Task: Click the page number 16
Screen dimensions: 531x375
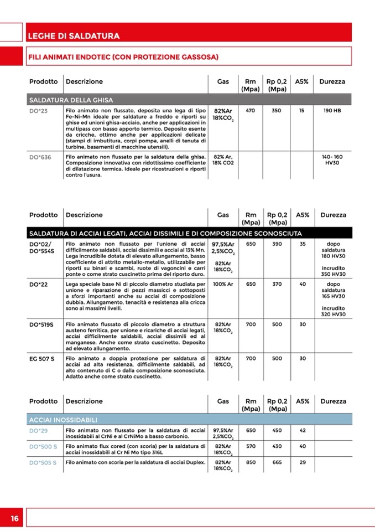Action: coord(14,518)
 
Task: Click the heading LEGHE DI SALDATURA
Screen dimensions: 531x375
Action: coord(74,36)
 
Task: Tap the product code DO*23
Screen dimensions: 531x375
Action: coord(39,111)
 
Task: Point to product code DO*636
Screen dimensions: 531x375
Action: coord(40,157)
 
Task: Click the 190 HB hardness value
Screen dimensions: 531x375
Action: coord(332,111)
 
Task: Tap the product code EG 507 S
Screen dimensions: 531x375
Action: coord(41,358)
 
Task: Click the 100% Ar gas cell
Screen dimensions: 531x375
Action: coord(223,284)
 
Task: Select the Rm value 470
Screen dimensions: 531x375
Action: coord(250,111)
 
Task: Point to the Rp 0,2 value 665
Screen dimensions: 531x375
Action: coord(277,462)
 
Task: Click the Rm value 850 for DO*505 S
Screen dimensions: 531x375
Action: coord(251,462)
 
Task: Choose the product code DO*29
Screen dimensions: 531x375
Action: coord(39,430)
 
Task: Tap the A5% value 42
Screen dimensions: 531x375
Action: coord(303,430)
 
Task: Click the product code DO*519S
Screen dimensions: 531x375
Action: coord(41,324)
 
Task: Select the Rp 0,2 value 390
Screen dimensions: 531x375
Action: coord(277,244)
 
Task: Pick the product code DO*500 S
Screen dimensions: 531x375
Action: coord(43,446)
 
